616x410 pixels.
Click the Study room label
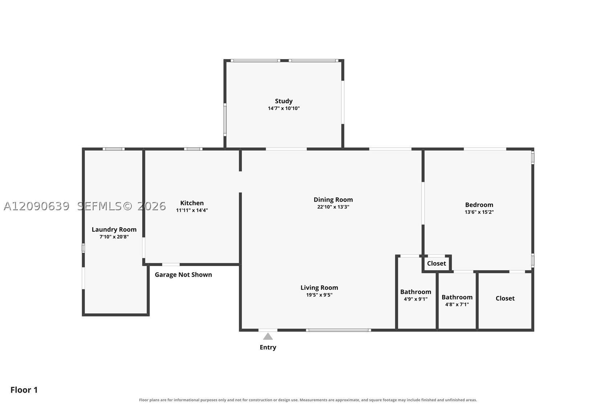[283, 101]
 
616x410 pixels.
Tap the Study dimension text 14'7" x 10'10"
[283, 108]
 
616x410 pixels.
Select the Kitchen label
[192, 203]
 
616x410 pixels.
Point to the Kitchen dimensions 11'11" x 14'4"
[192, 210]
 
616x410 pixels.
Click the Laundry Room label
[114, 229]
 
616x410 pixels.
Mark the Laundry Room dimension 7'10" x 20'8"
[114, 237]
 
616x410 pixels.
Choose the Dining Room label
[333, 200]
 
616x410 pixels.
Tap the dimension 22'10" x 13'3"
[333, 207]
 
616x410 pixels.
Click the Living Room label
[319, 288]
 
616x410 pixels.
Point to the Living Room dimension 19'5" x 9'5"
[319, 295]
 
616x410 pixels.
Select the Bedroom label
[479, 205]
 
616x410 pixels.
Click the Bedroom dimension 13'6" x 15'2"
[479, 212]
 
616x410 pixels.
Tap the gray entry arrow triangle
[268, 337]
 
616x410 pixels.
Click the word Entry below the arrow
[268, 347]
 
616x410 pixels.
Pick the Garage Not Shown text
[183, 275]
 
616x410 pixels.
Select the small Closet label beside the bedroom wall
[436, 263]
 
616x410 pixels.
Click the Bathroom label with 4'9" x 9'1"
[416, 292]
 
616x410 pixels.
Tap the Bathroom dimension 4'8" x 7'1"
[457, 304]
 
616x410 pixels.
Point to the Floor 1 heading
[24, 390]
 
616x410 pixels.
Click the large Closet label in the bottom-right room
[505, 298]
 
